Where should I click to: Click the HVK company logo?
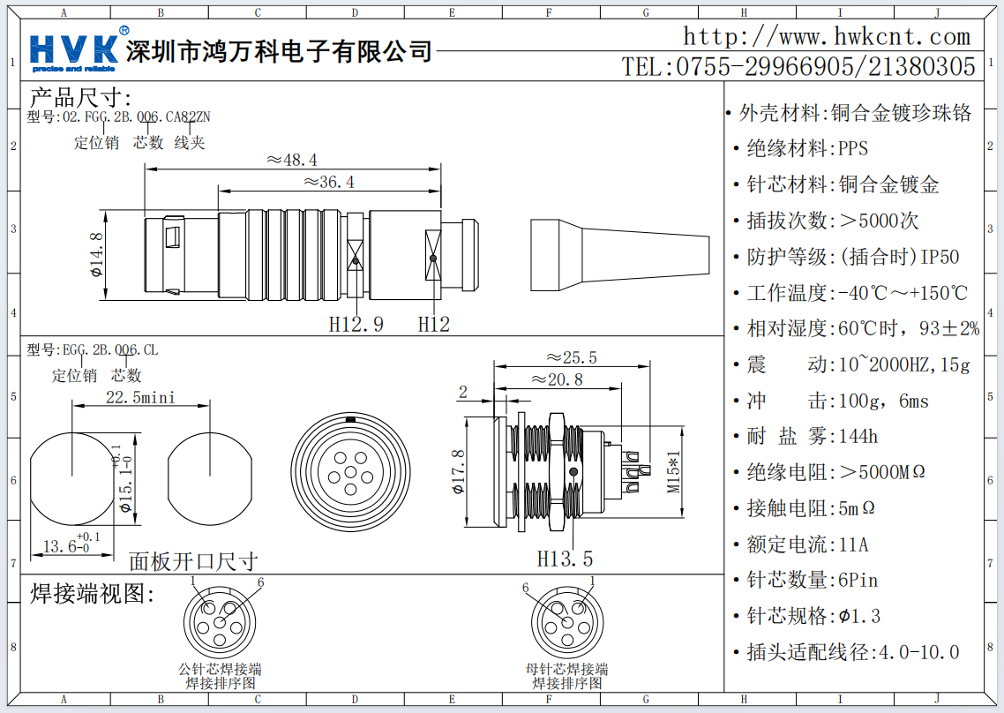point(75,50)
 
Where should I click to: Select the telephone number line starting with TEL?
point(798,66)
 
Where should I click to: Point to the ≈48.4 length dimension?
point(292,160)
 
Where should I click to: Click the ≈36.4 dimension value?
point(329,183)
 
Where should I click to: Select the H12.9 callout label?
point(356,324)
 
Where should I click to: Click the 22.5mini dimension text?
point(141,397)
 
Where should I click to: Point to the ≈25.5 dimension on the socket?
point(571,357)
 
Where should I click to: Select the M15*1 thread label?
point(675,472)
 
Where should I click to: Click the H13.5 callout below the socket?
point(565,558)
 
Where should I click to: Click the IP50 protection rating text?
point(940,257)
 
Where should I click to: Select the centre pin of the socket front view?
point(350,473)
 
